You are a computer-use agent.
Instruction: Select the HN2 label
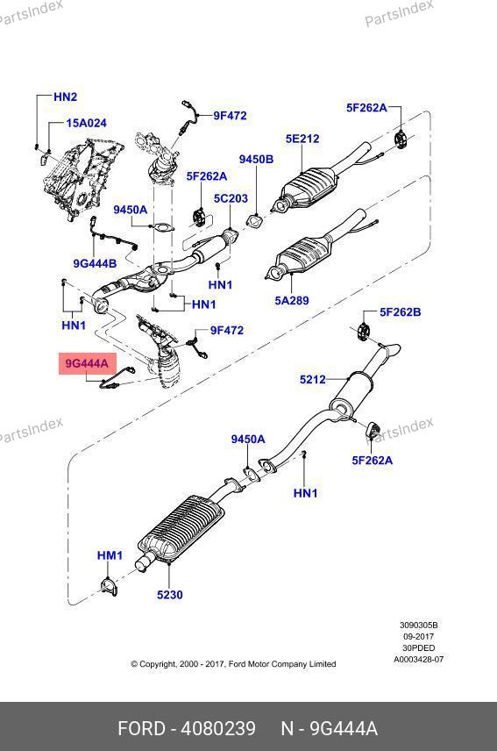[x=65, y=97]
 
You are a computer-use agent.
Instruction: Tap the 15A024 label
[x=86, y=123]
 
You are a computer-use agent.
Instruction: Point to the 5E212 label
[x=302, y=139]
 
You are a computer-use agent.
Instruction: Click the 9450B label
[x=257, y=160]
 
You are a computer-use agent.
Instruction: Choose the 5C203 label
[x=231, y=198]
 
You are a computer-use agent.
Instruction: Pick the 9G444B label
[x=95, y=263]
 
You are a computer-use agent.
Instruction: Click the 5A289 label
[x=292, y=301]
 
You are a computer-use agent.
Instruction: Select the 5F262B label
[x=401, y=312]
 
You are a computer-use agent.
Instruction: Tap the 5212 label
[x=312, y=380]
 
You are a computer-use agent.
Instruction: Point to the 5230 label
[x=170, y=595]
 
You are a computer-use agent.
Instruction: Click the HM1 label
[x=110, y=555]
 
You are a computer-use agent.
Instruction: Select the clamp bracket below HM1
[x=109, y=587]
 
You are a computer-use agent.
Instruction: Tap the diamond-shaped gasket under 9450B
[x=254, y=221]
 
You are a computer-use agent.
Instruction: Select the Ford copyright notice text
[x=233, y=664]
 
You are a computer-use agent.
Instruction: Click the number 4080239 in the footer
[x=218, y=729]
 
